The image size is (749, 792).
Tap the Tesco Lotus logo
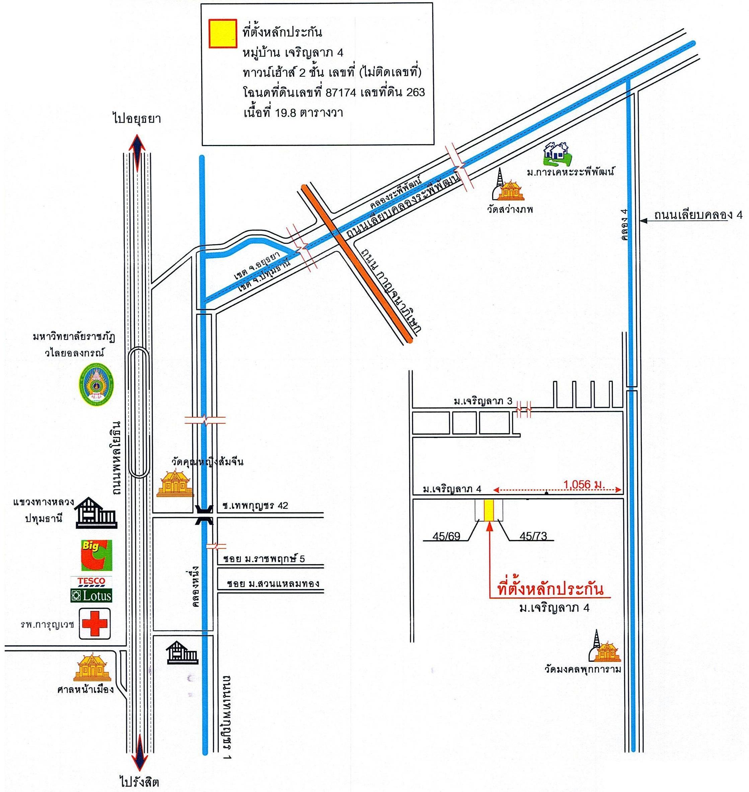[x=91, y=589]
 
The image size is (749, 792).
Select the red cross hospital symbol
[x=95, y=624]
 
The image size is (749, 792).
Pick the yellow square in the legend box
[x=222, y=33]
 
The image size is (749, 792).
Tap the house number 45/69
[x=446, y=535]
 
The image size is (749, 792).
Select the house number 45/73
[x=533, y=535]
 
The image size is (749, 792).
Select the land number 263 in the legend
[x=415, y=92]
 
